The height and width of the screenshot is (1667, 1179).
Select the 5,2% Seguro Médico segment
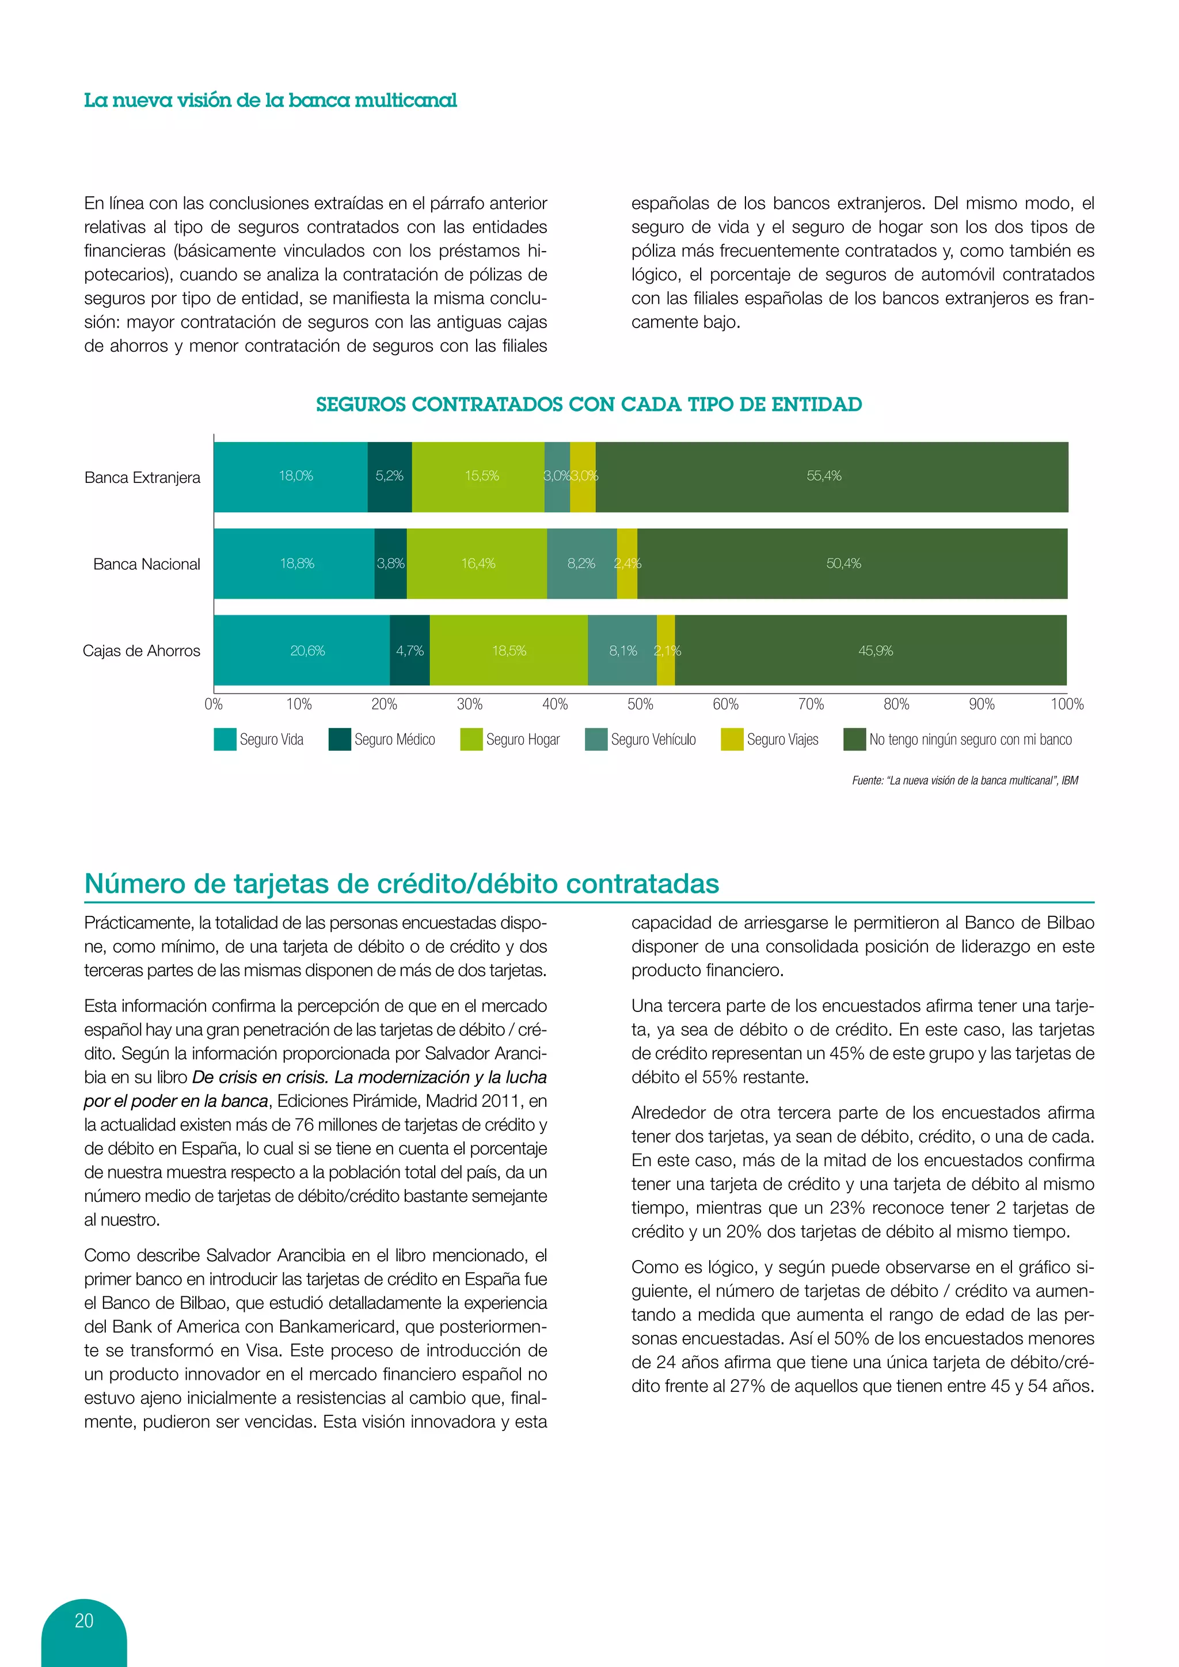389,476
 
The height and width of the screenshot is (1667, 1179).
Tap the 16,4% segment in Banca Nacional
477,564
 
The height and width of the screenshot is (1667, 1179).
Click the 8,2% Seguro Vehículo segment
581,564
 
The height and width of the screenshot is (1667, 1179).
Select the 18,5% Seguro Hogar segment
509,650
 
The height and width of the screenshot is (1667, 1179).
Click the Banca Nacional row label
147,564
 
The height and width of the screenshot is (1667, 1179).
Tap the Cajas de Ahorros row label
142,650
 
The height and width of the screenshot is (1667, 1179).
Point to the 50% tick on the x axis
640,703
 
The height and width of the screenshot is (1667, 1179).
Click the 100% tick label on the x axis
1067,703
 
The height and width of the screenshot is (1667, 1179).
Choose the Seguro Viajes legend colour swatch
732,739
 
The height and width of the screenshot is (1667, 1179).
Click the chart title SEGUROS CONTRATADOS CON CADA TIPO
589,405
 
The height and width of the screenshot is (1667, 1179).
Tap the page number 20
84,1620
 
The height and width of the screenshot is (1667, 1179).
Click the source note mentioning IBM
965,781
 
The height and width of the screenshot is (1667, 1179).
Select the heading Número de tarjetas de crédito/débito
401,884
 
